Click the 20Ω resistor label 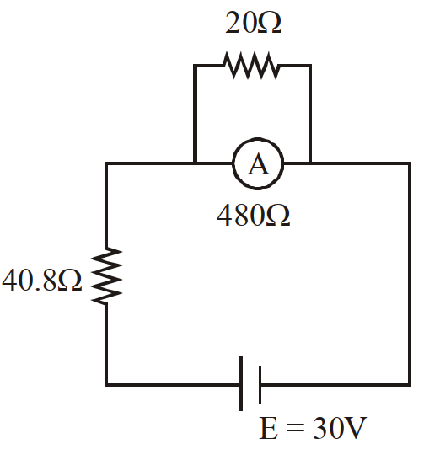coord(253,24)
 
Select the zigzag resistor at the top coord(251,66)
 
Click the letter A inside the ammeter coord(258,163)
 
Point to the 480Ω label coord(254,216)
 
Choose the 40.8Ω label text coord(42,280)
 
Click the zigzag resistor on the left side coord(106,276)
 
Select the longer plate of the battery coord(241,383)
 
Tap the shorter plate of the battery coord(260,384)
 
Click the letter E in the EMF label coord(268,428)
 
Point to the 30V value coord(340,428)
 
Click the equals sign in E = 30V coord(295,429)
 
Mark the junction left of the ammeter coord(195,163)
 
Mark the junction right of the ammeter coord(310,163)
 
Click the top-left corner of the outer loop coord(106,163)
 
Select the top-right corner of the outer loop coord(410,163)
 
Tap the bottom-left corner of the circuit coord(106,385)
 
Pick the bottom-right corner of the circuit coord(410,385)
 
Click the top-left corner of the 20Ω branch coord(195,66)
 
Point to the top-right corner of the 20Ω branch coord(310,66)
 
